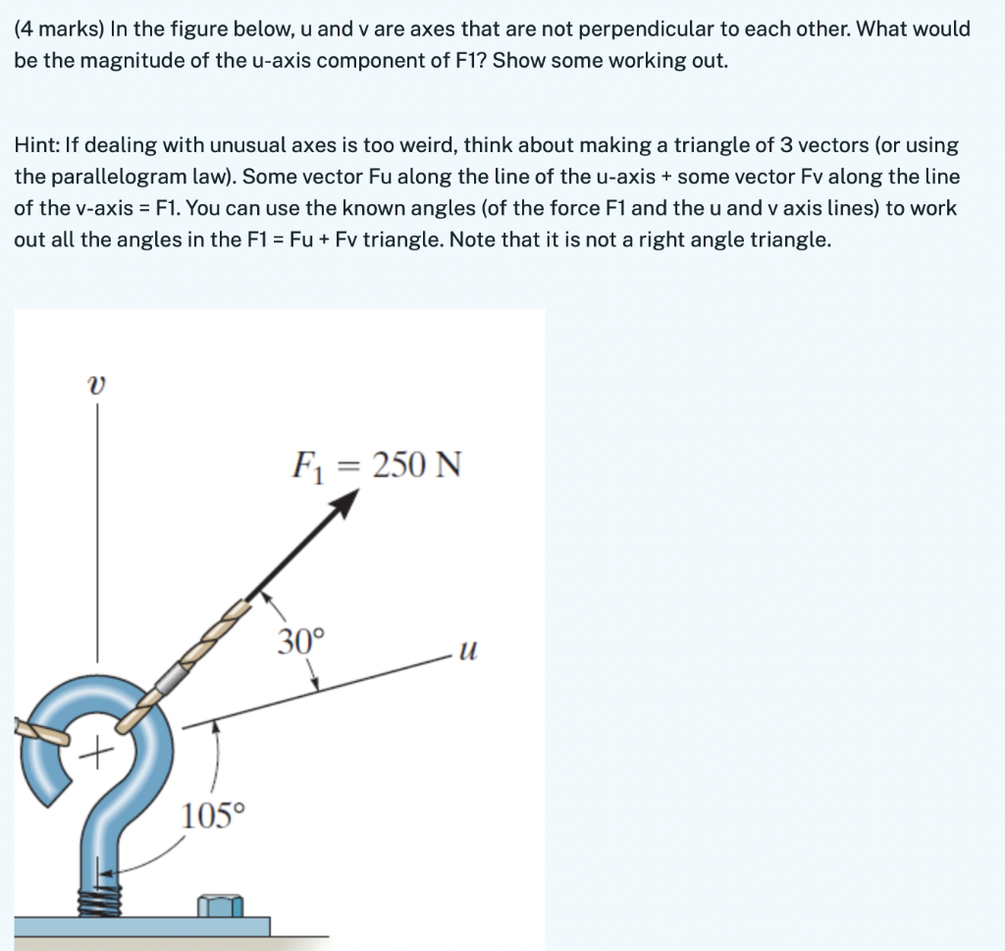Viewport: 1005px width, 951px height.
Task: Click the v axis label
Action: pos(95,388)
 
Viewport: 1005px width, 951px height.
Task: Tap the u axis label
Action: pos(469,650)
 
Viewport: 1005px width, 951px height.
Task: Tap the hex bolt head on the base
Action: pos(220,906)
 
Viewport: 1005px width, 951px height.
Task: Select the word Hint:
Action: pos(36,145)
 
